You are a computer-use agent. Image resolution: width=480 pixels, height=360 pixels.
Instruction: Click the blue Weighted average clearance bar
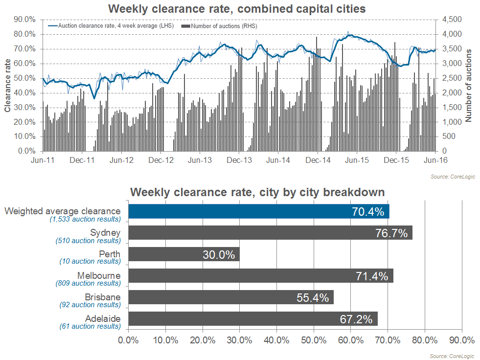click(x=259, y=211)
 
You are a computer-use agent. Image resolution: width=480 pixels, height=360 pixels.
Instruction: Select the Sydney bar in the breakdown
click(x=270, y=233)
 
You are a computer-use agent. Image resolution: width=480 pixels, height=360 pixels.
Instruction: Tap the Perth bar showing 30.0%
click(x=184, y=254)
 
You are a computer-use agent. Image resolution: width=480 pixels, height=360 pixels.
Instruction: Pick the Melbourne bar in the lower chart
click(x=261, y=276)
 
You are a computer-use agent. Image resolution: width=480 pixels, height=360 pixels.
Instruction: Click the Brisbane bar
click(x=231, y=297)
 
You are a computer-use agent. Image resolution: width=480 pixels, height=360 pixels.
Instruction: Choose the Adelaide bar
click(x=253, y=319)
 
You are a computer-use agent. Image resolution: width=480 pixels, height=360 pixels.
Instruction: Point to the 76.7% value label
click(x=391, y=233)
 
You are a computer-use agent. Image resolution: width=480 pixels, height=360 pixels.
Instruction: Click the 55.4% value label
click(x=313, y=298)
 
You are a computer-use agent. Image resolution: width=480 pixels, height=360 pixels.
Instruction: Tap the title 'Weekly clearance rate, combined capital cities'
click(x=237, y=9)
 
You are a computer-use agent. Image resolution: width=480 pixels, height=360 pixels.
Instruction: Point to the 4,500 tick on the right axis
click(x=452, y=20)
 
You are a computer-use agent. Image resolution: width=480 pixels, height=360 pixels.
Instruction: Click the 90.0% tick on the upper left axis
click(x=24, y=20)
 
